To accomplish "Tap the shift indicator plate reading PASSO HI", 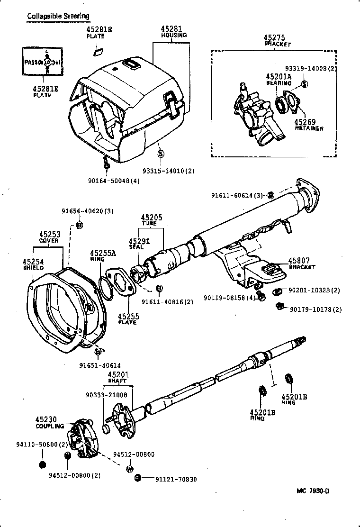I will click(x=42, y=61).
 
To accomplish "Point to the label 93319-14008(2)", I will click(x=310, y=68).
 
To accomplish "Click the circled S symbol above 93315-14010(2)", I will click(x=160, y=154).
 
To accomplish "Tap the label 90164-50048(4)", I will click(x=114, y=180).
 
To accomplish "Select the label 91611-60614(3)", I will click(x=239, y=195).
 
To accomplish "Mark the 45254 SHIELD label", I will click(x=33, y=264).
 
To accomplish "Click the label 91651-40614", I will click(x=99, y=365).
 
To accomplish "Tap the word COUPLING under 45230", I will click(x=49, y=426).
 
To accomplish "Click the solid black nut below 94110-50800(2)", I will click(x=42, y=463).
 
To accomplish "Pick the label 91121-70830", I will click(x=176, y=479).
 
